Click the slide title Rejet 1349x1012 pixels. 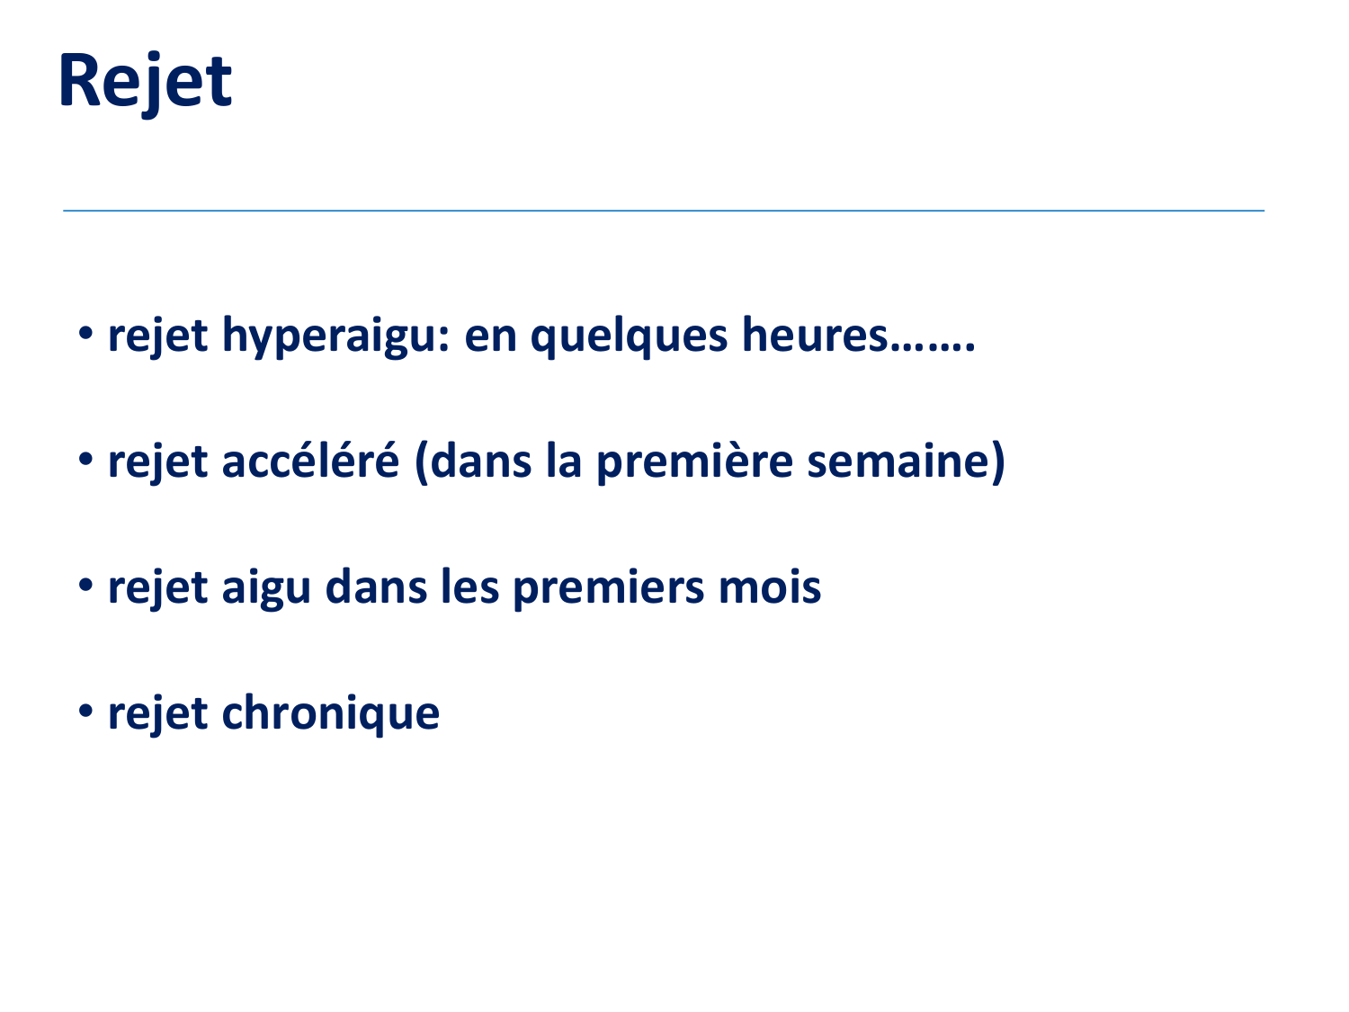point(145,82)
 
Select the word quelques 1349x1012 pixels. point(629,336)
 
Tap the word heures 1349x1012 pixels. point(815,335)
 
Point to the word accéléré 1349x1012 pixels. point(310,461)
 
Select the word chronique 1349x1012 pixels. point(330,714)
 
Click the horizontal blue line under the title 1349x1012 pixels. point(664,210)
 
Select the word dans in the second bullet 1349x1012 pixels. point(481,461)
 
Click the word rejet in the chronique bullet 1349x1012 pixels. point(157,714)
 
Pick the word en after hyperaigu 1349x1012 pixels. point(489,336)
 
